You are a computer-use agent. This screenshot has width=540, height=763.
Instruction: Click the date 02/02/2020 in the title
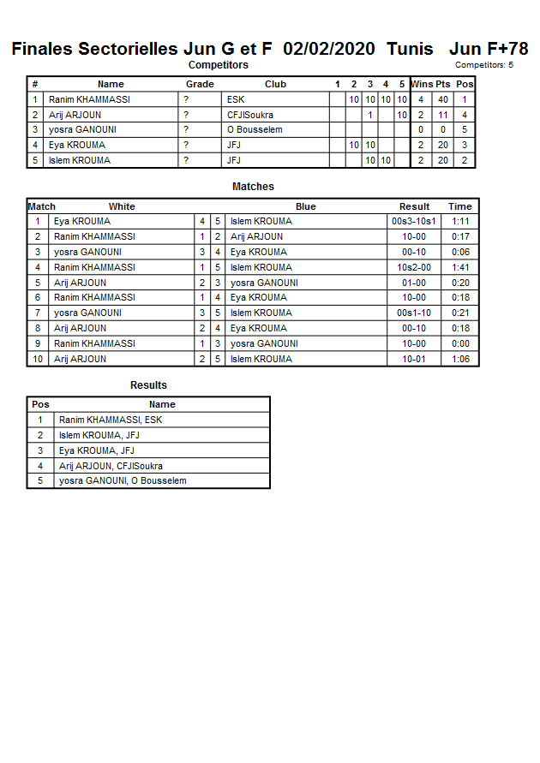(x=328, y=49)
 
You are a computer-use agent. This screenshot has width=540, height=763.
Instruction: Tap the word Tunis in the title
(x=410, y=49)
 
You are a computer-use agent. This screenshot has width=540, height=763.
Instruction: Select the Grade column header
(x=200, y=84)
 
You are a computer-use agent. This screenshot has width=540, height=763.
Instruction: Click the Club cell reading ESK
(x=236, y=99)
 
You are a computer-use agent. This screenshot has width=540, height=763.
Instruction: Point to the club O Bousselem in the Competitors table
(x=255, y=130)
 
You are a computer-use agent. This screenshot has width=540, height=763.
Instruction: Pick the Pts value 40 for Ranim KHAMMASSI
(x=443, y=99)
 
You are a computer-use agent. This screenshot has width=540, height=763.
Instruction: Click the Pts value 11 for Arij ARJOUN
(x=443, y=115)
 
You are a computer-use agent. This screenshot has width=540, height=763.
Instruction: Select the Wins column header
(x=422, y=84)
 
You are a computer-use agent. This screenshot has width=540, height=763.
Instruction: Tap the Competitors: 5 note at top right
(x=484, y=65)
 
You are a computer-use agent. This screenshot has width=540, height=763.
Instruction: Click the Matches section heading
(x=253, y=187)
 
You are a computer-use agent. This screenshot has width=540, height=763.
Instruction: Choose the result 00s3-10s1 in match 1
(x=414, y=221)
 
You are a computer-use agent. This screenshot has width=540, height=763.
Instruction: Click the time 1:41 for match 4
(x=460, y=267)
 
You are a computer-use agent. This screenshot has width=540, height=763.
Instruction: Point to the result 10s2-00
(x=414, y=267)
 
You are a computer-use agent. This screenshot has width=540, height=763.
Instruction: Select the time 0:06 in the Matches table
(x=460, y=252)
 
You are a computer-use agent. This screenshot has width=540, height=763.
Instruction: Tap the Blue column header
(x=306, y=206)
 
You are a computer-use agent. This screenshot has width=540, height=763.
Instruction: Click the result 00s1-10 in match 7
(x=414, y=313)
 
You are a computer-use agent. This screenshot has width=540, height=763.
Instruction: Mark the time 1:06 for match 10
(x=460, y=359)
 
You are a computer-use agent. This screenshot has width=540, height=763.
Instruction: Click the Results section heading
(x=148, y=385)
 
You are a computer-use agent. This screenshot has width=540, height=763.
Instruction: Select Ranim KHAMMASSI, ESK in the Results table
(x=111, y=420)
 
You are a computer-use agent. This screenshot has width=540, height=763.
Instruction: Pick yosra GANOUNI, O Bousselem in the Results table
(x=123, y=480)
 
